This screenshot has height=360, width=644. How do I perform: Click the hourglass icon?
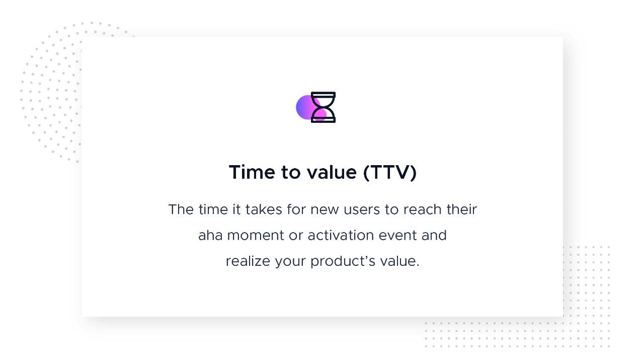click(x=323, y=107)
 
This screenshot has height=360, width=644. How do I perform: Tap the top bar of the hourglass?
click(x=323, y=94)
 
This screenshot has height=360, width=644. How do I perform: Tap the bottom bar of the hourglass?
click(x=323, y=120)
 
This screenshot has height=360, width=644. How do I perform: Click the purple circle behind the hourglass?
click(x=304, y=107)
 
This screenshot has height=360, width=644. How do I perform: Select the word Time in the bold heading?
click(x=252, y=172)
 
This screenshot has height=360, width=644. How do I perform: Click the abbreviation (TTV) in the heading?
click(x=390, y=173)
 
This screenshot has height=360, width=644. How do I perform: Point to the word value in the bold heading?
click(x=332, y=172)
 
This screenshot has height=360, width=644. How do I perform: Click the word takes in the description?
click(x=264, y=209)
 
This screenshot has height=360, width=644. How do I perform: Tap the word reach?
click(x=422, y=209)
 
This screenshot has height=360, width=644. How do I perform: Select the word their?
click(x=461, y=209)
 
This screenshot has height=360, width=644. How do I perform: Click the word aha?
click(x=210, y=235)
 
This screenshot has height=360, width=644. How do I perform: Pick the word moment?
click(x=256, y=236)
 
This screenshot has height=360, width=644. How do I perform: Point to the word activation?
click(x=341, y=235)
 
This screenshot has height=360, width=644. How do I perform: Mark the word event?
click(x=398, y=236)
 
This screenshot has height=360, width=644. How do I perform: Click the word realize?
click(x=248, y=261)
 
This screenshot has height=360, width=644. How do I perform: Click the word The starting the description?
click(x=181, y=209)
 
